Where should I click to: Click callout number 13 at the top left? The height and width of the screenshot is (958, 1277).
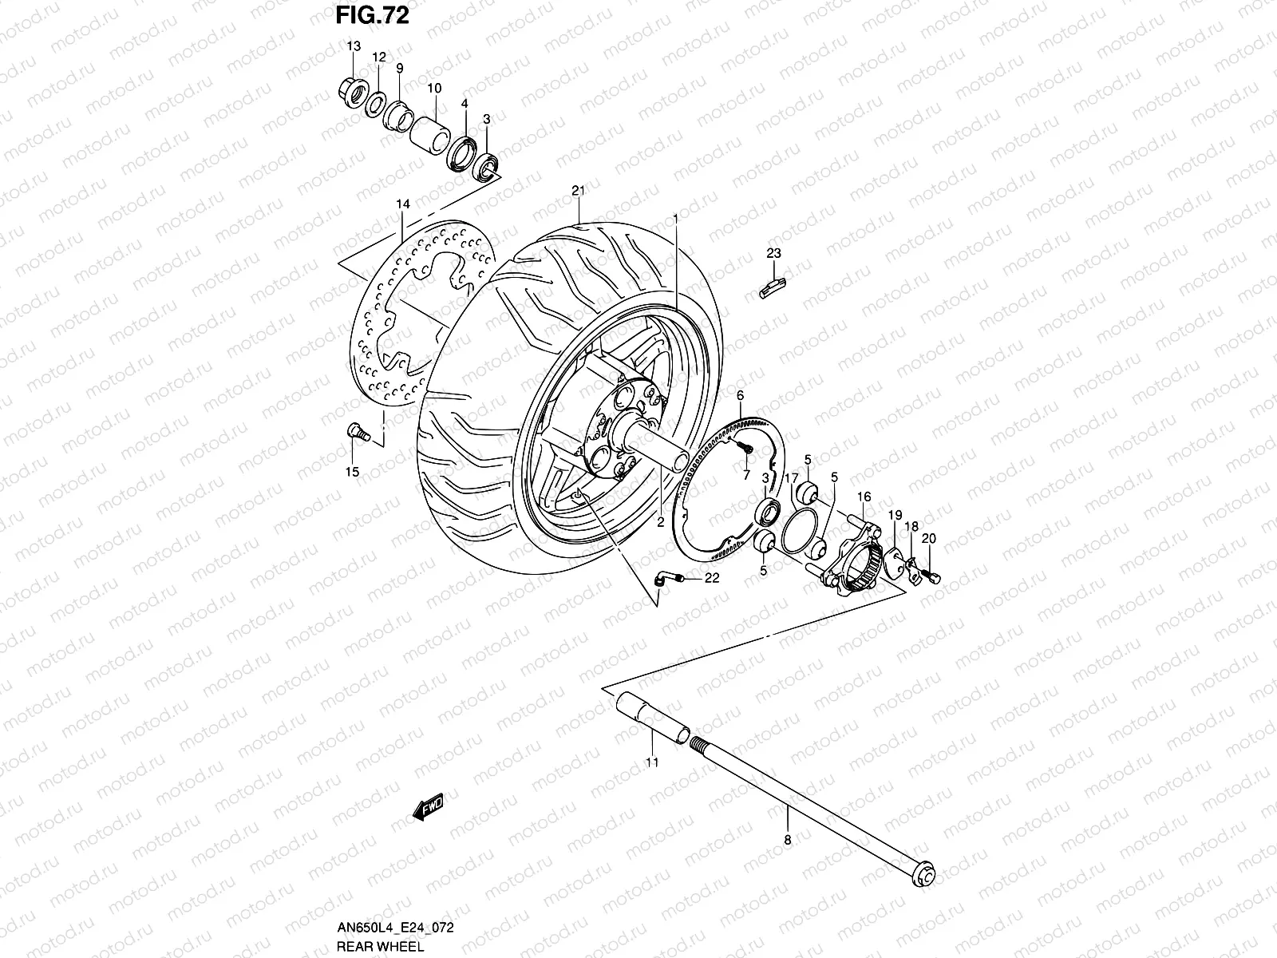coord(354,46)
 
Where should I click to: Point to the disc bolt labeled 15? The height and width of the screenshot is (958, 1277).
coord(356,432)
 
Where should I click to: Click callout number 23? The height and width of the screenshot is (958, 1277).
coord(773,254)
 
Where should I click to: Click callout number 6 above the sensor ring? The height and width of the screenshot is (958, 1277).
coord(740,395)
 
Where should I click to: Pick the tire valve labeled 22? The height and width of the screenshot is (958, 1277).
coord(665,580)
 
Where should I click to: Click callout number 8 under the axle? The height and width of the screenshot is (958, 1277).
coord(787,839)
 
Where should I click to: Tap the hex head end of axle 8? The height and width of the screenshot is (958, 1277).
coord(927,875)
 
